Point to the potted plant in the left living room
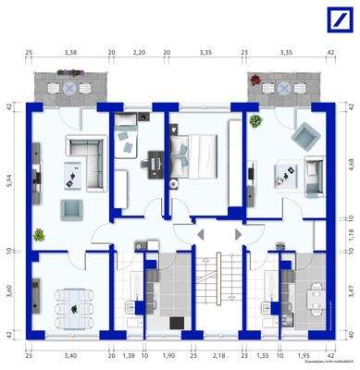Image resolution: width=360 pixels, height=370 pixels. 38,234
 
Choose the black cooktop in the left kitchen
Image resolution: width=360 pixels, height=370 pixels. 177,323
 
